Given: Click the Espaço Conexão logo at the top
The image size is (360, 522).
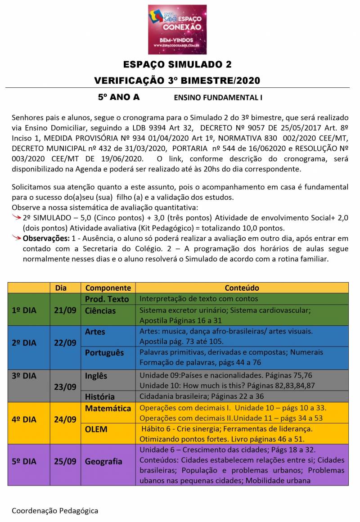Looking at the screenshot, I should [177, 29].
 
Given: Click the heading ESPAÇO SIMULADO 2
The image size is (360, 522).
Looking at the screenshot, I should [177, 64].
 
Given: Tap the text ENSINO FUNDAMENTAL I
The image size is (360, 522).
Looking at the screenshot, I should [218, 97].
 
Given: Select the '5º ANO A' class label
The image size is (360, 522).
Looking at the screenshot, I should [119, 97].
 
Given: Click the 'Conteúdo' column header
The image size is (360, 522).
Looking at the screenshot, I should [242, 288].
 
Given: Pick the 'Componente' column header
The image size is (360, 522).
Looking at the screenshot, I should [108, 288].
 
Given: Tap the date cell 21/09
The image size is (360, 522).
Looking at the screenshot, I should [65, 310].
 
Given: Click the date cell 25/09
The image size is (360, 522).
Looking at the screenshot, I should [65, 461].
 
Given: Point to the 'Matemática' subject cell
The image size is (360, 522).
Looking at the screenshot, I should [108, 408].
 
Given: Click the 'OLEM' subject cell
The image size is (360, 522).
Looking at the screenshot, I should [96, 429].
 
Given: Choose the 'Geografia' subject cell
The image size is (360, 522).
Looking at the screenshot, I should [103, 461].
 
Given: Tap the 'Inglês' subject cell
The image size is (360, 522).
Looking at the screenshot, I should [96, 376].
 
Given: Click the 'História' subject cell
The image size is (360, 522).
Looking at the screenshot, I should [100, 396].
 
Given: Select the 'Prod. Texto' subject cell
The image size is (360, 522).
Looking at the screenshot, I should [107, 299].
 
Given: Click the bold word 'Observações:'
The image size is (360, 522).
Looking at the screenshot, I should [46, 238].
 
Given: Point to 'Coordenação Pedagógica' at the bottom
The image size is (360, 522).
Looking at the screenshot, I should [55, 510].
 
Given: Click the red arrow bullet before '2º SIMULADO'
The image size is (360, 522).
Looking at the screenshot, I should [17, 217].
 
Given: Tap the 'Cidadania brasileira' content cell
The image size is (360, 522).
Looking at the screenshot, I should [202, 396].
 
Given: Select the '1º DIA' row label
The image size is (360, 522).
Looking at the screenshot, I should [24, 310].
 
